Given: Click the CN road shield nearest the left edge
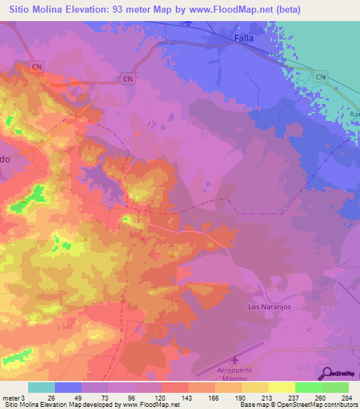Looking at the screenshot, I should tap(37, 66).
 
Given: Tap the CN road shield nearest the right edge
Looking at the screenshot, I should tap(320, 76).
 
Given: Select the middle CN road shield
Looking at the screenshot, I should tap(127, 79).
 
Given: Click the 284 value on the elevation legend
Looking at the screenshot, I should tap(346, 397).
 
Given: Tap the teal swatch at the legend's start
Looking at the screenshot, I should tap(41, 387).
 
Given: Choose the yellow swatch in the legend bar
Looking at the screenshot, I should tap(281, 387).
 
